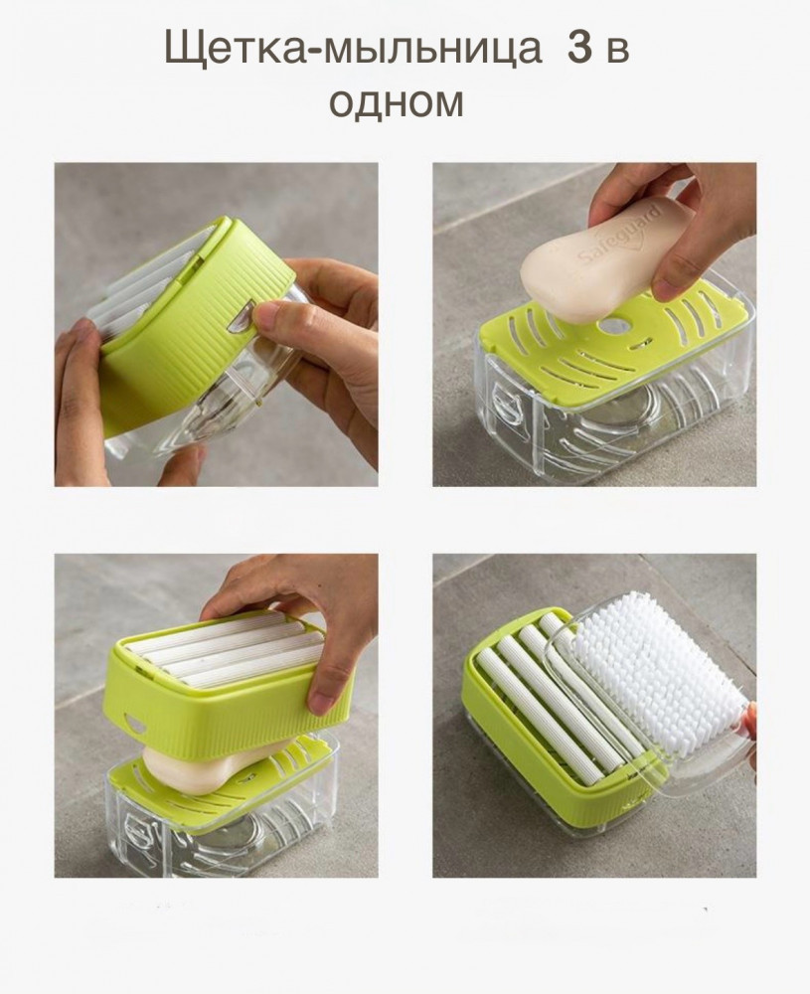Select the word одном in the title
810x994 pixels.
pyautogui.click(x=397, y=101)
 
